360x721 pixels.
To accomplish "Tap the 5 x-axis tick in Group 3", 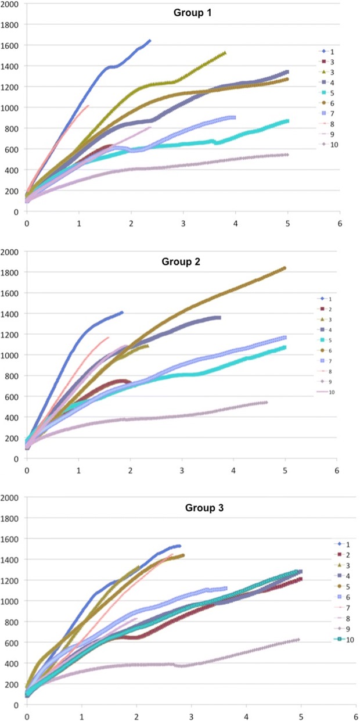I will (301, 714).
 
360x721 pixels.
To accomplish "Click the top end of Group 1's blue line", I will (149, 41).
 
